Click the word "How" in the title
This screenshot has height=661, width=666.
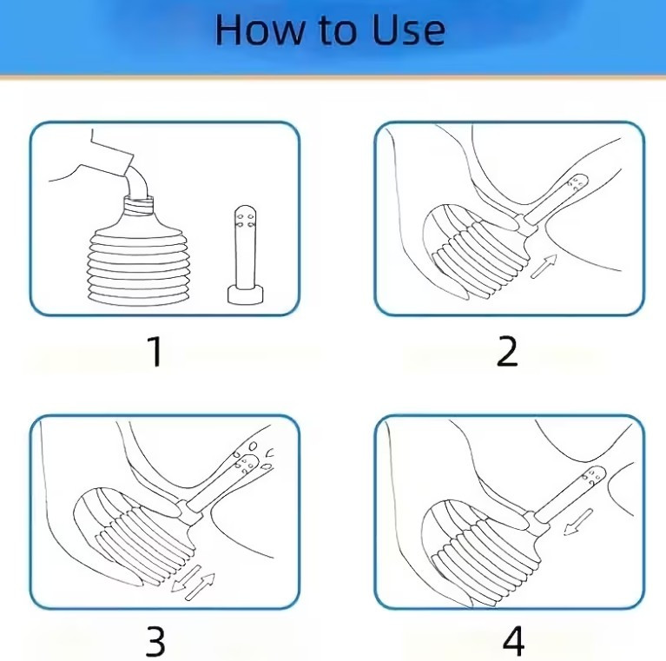click(x=260, y=30)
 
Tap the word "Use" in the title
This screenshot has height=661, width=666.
click(x=409, y=30)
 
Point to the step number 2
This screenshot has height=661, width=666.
click(x=507, y=351)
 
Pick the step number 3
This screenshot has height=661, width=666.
click(x=155, y=642)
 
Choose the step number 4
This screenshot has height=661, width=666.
click(x=513, y=642)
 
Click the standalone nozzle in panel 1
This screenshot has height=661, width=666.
click(x=246, y=254)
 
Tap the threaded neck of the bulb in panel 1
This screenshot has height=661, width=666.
click(x=138, y=206)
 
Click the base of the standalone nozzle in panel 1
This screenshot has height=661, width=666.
click(x=246, y=294)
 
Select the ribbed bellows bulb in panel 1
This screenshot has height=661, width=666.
click(x=137, y=259)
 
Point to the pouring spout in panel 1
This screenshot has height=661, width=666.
click(x=137, y=182)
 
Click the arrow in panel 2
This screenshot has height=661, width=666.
click(x=544, y=267)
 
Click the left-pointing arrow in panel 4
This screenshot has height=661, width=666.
click(x=578, y=522)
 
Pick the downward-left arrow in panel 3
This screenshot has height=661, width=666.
click(x=186, y=578)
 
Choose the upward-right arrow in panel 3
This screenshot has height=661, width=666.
click(x=201, y=586)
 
